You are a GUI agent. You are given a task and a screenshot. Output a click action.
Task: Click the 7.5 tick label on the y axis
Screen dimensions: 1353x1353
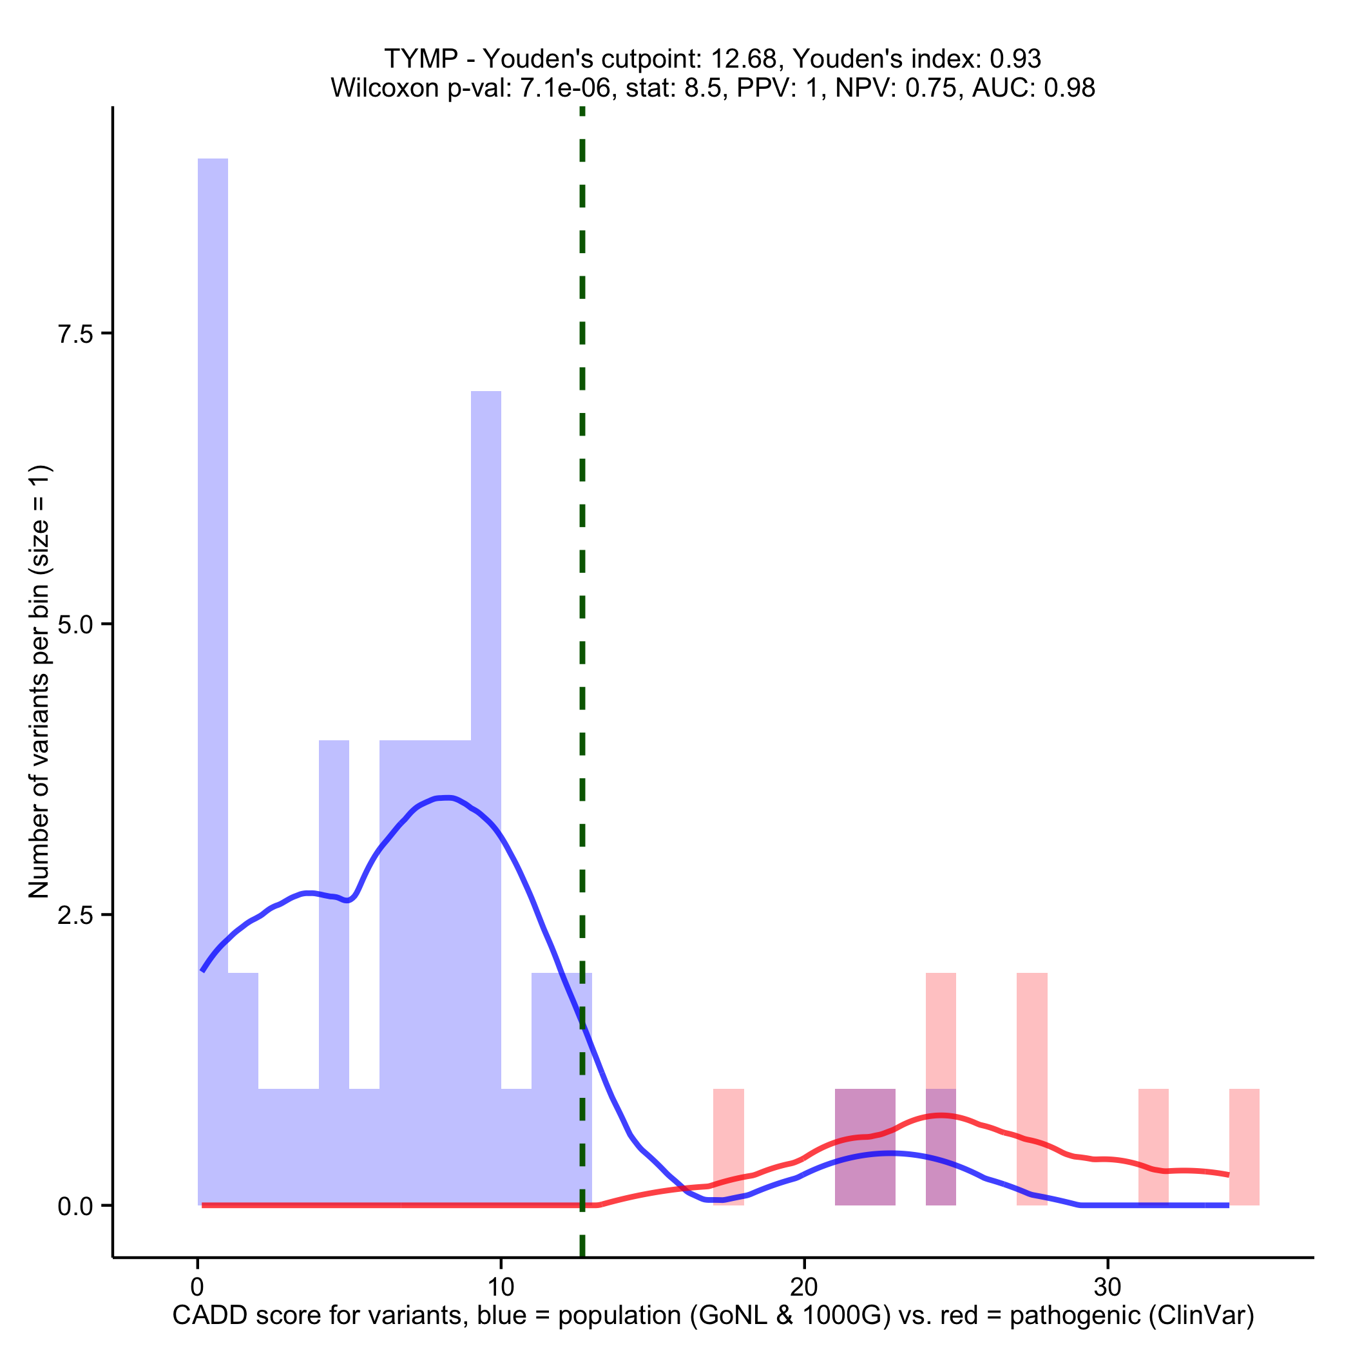75,334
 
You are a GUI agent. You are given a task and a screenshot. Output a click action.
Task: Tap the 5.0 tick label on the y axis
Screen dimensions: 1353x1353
75,625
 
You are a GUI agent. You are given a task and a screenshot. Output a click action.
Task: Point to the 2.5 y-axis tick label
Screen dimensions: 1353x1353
75,916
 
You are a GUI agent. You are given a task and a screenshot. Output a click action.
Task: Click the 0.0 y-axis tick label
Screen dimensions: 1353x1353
75,1206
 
